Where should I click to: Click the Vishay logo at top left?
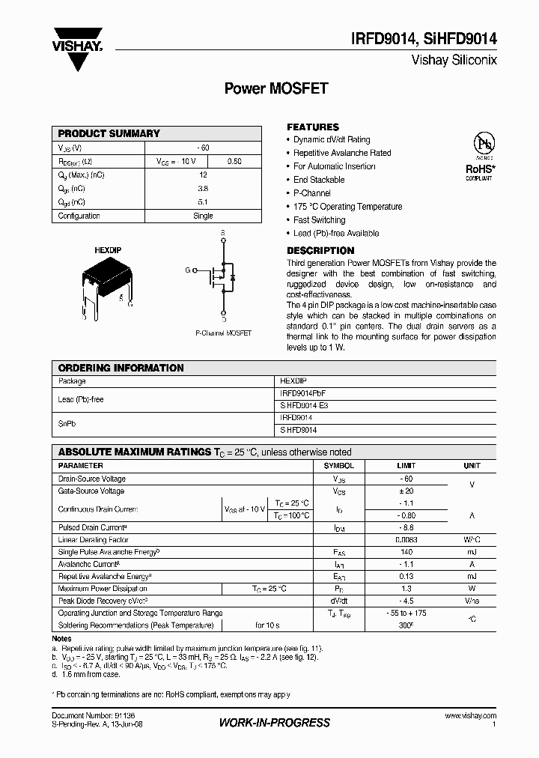pyautogui.click(x=77, y=49)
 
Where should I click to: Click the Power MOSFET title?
pyautogui.click(x=276, y=88)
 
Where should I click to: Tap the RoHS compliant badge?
pyautogui.click(x=478, y=157)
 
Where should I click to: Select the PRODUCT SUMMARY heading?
pyautogui.click(x=109, y=133)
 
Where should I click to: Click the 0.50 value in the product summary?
pyautogui.click(x=234, y=161)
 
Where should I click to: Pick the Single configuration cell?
pyautogui.click(x=203, y=216)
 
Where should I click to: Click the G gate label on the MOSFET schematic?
pyautogui.click(x=187, y=269)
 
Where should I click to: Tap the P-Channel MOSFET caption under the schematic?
pyautogui.click(x=223, y=333)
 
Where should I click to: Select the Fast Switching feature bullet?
pyautogui.click(x=319, y=220)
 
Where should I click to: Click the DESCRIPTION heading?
pyautogui.click(x=320, y=250)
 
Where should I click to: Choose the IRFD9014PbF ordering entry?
pyautogui.click(x=303, y=393)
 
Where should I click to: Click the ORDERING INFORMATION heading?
pyautogui.click(x=121, y=368)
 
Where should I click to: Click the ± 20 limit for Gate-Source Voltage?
pyautogui.click(x=406, y=491)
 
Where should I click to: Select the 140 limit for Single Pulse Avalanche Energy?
pyautogui.click(x=406, y=552)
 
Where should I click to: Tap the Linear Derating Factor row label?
pyautogui.click(x=94, y=539)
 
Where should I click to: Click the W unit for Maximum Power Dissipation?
pyautogui.click(x=472, y=588)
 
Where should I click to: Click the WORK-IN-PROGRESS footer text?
pyautogui.click(x=274, y=723)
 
